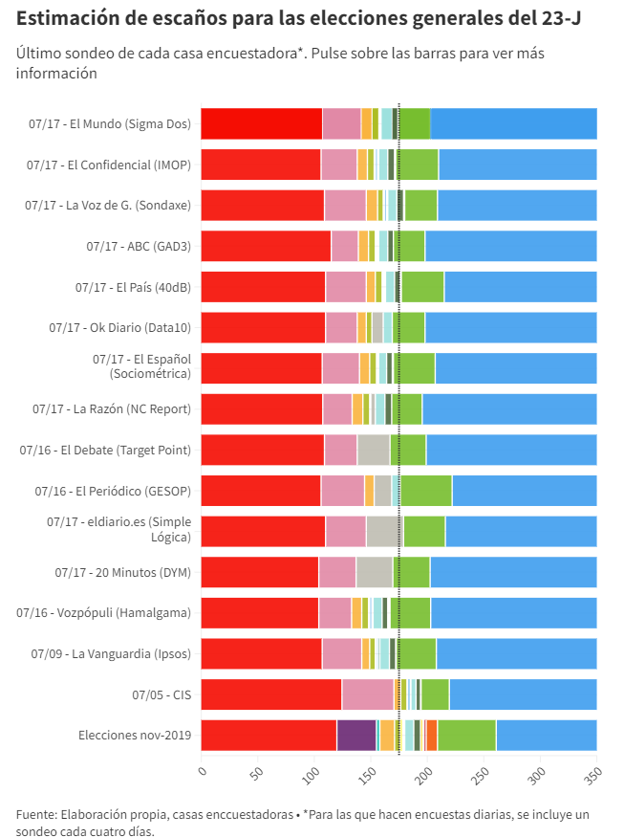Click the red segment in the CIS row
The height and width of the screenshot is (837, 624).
[x=271, y=694]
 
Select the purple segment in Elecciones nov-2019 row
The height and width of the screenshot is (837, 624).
[x=356, y=735]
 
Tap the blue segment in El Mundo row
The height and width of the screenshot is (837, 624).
[x=513, y=124]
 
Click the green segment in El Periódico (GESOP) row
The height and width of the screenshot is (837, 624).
[x=426, y=491]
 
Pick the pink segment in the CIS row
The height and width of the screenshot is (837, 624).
[x=368, y=694]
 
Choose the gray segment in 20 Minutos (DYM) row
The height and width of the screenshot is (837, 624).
[x=374, y=572]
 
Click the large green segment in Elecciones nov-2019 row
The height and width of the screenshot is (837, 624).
[x=466, y=735]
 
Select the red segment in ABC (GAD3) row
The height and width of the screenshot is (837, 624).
[x=266, y=246]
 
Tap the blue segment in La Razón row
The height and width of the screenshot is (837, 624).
[x=509, y=409]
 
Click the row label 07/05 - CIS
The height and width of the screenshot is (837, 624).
[x=161, y=694]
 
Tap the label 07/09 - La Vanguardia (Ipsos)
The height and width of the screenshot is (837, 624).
[x=111, y=653]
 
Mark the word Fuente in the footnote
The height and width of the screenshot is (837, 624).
[x=35, y=814]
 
